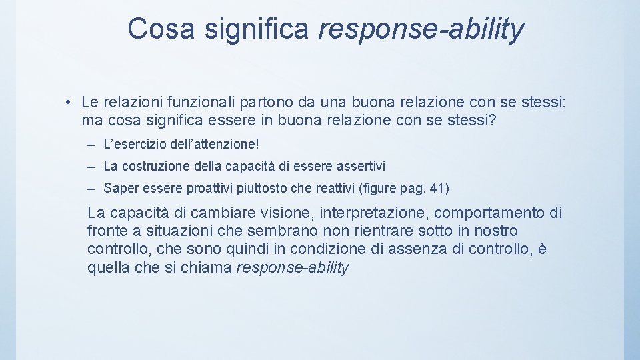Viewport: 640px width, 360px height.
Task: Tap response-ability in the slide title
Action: coord(421,29)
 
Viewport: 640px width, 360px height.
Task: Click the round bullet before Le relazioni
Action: coord(69,103)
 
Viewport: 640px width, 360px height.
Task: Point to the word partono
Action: coord(249,103)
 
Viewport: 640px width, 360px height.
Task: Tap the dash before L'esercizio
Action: coord(89,144)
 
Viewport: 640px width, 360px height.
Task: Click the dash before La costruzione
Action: coord(89,166)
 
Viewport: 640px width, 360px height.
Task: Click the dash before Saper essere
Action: coord(89,188)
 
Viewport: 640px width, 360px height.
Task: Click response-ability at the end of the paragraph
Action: coord(293,268)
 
